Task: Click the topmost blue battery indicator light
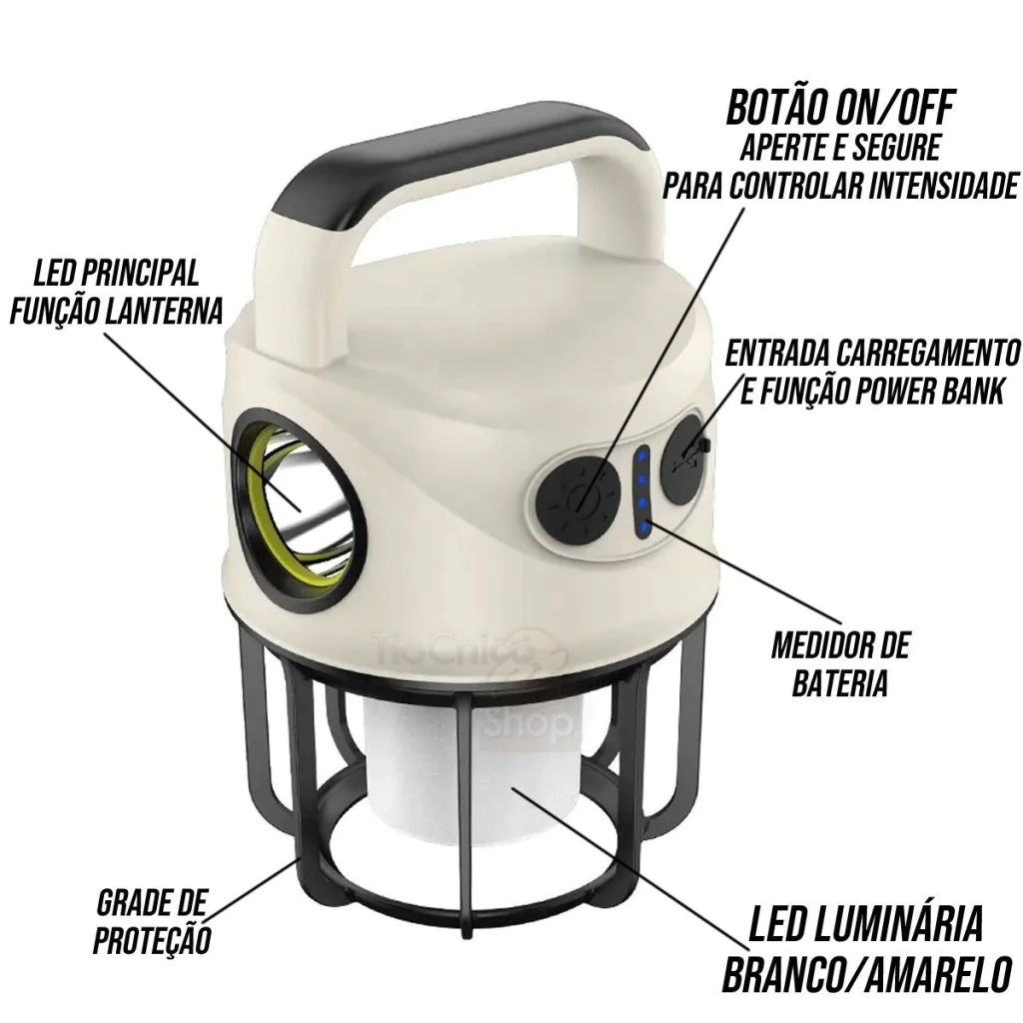click(x=641, y=456)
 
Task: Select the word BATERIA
click(x=839, y=683)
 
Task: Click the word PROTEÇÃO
click(x=152, y=940)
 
